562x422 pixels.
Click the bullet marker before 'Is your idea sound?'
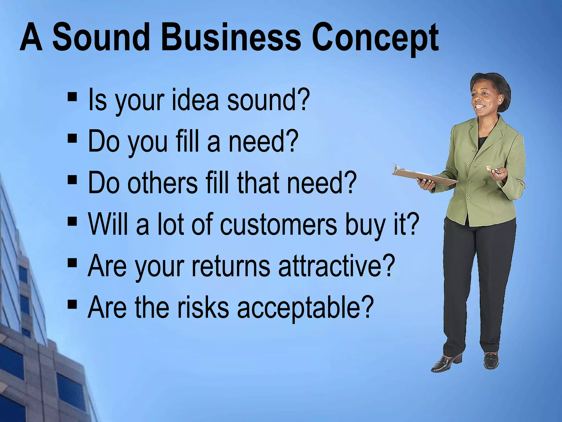click(72, 97)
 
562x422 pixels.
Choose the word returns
click(231, 266)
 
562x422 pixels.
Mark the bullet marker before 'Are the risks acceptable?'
click(72, 304)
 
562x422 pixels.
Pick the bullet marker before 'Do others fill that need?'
click(72, 180)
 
